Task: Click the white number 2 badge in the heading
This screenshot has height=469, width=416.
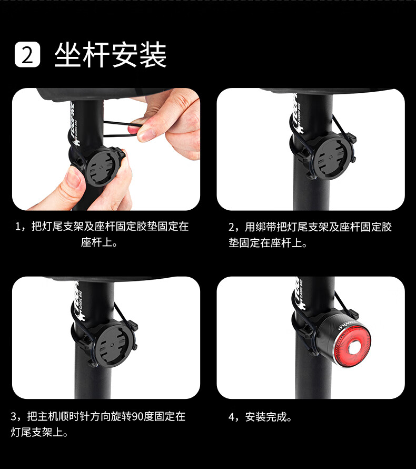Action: pyautogui.click(x=27, y=54)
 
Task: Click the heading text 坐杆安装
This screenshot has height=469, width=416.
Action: pyautogui.click(x=110, y=55)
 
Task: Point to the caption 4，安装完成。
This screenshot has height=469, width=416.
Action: pyautogui.click(x=260, y=417)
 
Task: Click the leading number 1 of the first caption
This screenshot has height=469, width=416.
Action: pyautogui.click(x=18, y=227)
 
